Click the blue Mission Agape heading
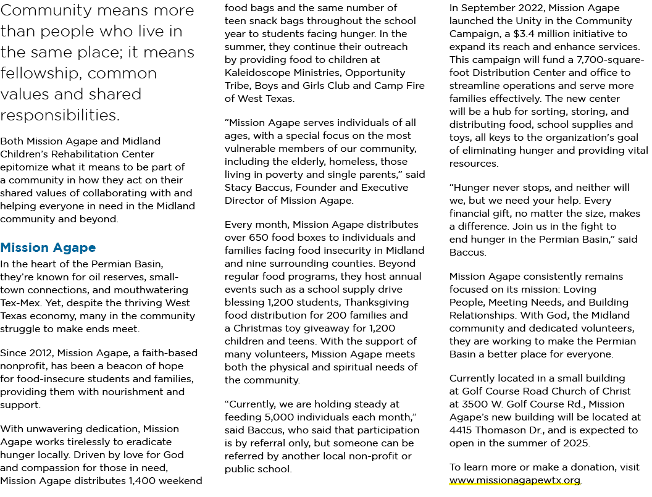coord(48,248)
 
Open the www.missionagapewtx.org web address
coord(515,480)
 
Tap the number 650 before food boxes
coord(259,238)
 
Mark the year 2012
coord(41,353)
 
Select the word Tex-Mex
coord(20,303)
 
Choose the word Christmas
coord(258,328)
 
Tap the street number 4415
coord(461,430)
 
